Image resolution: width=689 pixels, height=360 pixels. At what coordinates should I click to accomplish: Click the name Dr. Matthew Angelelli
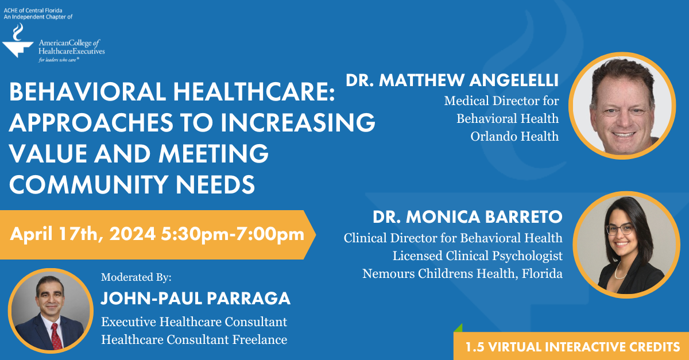452,80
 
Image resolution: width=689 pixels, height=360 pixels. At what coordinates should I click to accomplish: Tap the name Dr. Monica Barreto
467,217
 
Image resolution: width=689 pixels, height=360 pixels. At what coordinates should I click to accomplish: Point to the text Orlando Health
514,137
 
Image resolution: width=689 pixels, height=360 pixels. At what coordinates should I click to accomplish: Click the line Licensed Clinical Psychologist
477,256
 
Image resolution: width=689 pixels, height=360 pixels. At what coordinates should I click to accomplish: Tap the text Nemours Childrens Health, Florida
462,274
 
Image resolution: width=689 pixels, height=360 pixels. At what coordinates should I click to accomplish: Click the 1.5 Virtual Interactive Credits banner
572,347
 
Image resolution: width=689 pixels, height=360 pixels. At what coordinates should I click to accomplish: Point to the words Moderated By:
136,277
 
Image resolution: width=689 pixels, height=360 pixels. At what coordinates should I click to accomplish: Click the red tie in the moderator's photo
56,336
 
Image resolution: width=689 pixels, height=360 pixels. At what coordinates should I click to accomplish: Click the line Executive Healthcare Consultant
194,322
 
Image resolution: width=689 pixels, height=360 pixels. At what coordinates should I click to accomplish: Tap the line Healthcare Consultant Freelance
194,339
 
